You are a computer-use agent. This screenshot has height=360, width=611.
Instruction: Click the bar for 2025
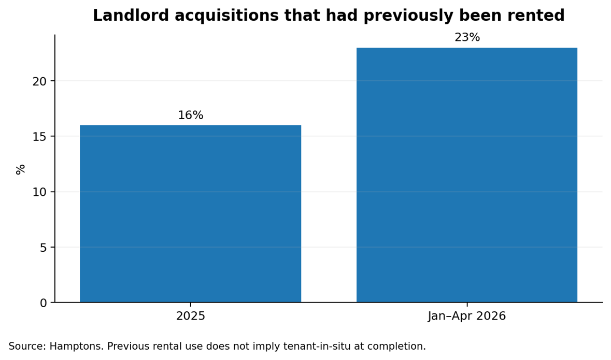pos(191,213)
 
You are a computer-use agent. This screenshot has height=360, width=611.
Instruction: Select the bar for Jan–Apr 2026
pos(467,175)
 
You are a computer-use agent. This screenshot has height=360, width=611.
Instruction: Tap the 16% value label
pos(191,115)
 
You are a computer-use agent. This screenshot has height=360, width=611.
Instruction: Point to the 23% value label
pos(467,37)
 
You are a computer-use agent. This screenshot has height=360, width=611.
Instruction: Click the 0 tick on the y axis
pos(43,303)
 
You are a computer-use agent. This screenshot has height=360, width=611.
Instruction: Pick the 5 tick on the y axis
pos(43,248)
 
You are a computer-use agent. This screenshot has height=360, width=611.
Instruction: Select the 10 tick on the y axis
pos(40,192)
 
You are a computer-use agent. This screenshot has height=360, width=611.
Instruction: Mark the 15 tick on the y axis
pos(40,137)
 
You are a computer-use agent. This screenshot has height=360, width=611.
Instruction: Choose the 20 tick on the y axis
pos(40,81)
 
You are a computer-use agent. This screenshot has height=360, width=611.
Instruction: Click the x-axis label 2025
pos(191,315)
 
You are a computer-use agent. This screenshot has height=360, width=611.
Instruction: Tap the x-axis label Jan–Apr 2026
pos(467,315)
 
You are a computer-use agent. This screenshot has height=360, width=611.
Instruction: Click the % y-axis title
pos(20,169)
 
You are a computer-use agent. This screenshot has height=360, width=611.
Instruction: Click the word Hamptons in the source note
pos(77,347)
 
